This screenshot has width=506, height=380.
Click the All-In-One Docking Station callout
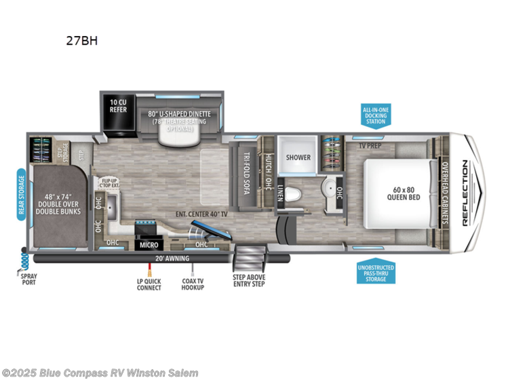pyautogui.click(x=374, y=116)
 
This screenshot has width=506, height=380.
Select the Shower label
pyautogui.click(x=298, y=157)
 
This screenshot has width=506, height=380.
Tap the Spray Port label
pyautogui.click(x=27, y=278)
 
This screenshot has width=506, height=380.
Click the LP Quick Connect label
pyautogui.click(x=149, y=284)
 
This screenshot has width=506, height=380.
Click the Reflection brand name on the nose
pyautogui.click(x=465, y=192)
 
